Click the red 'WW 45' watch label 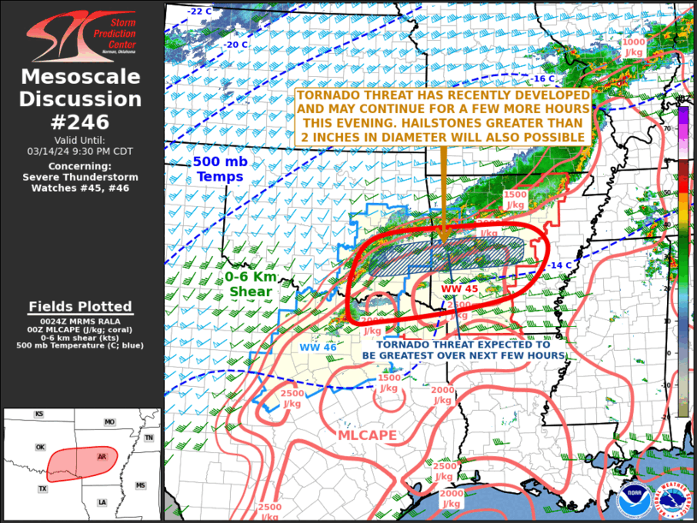(459, 289)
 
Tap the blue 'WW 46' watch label (317, 347)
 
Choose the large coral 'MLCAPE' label (366, 436)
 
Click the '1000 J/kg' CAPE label (634, 46)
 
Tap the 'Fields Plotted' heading (80, 306)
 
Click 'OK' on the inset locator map (39, 447)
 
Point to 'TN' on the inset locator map (149, 437)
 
